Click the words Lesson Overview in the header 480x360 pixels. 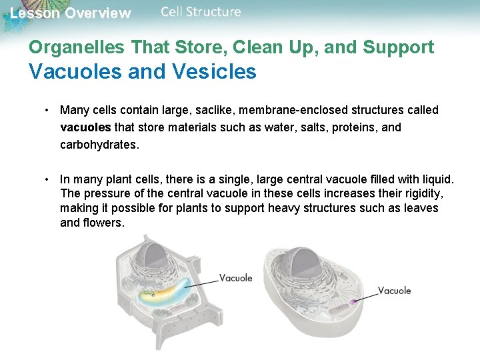tap(71, 13)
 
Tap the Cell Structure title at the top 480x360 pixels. tap(201, 12)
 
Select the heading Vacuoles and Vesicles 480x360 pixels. tap(142, 71)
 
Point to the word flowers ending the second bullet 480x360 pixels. tap(102, 223)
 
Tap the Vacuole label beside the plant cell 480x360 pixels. tap(235, 278)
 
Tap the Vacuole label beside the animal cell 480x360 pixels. tap(394, 291)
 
